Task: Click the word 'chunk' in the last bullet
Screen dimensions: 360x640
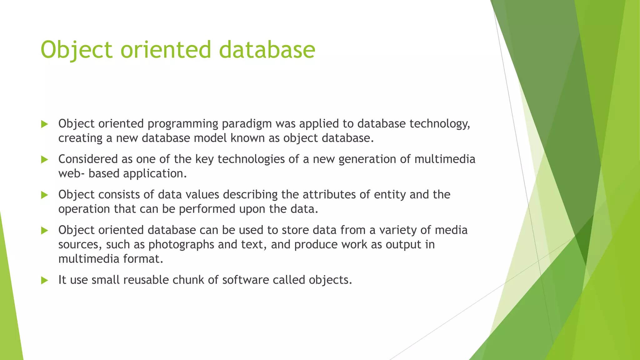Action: pos(188,280)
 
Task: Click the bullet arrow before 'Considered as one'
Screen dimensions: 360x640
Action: pos(44,160)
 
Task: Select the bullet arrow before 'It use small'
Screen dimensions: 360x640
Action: pos(44,280)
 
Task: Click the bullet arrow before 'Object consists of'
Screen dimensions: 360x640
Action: pos(44,195)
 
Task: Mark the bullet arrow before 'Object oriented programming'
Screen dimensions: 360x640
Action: pos(44,124)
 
